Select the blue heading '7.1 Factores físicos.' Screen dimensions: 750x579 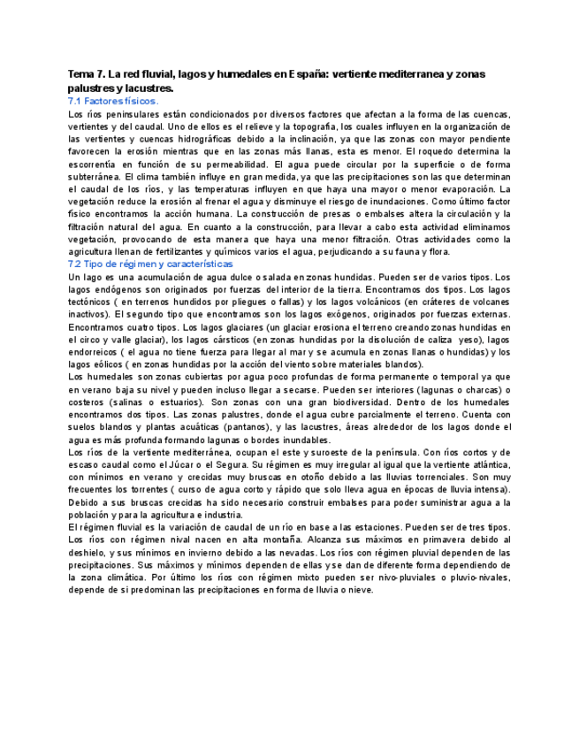(113, 102)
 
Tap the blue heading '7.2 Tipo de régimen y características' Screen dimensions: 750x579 (150, 264)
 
